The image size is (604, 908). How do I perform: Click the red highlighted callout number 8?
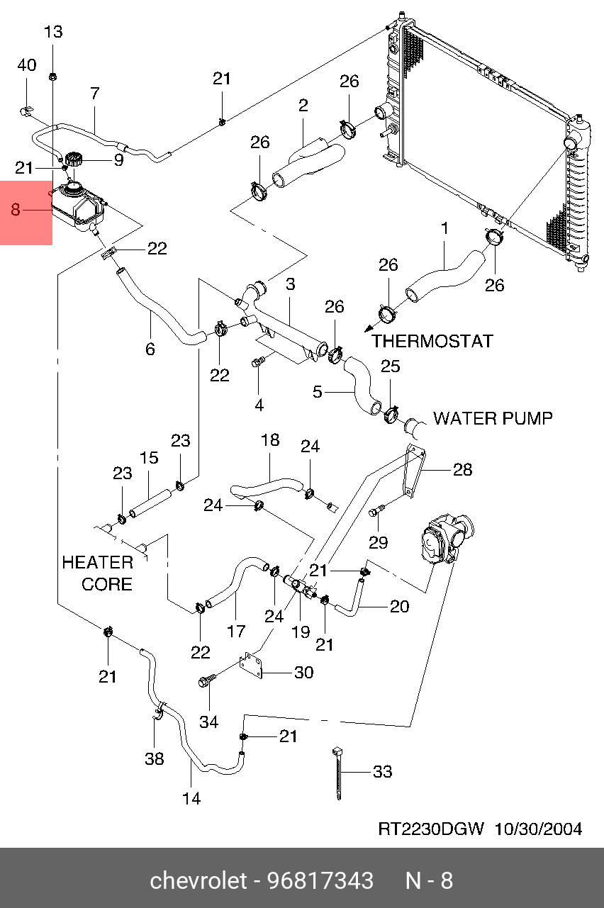point(16,210)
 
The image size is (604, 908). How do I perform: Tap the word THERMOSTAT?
point(432,341)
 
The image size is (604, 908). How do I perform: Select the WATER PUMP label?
point(493,418)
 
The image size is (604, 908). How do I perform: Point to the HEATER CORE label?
point(98,573)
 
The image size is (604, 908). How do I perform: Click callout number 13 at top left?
point(53,32)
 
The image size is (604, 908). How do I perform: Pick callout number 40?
point(26,65)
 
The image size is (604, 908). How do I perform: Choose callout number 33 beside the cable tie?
point(382,771)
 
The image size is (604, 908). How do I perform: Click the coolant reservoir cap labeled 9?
point(74,159)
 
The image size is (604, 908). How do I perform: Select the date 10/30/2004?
point(538,829)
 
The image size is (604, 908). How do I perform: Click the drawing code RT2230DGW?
point(430,829)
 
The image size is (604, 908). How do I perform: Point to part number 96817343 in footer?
point(320,881)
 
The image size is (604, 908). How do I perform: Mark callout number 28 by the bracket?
point(462,469)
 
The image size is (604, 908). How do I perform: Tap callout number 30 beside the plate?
point(303,672)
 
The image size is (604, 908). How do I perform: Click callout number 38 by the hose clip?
point(154,759)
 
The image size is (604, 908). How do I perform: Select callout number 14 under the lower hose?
point(191,798)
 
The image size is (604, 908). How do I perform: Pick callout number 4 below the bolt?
point(259,405)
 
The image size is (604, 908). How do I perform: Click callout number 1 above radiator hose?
point(444,229)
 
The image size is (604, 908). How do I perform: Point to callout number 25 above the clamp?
point(391,366)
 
